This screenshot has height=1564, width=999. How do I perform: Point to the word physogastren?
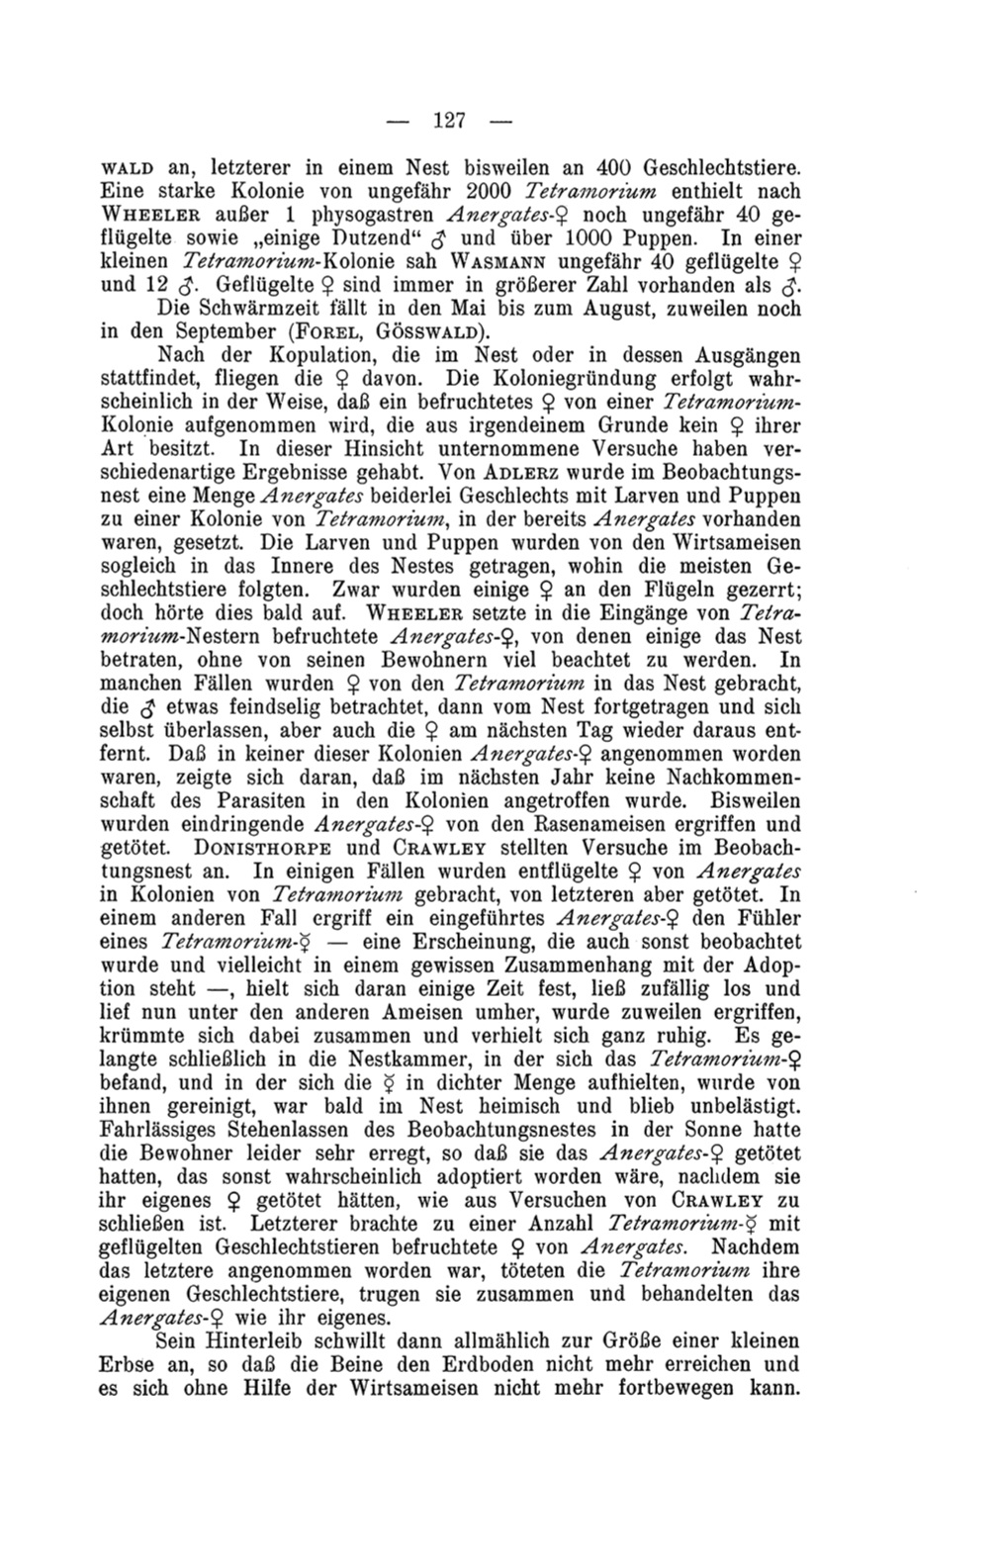[x=358, y=215]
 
